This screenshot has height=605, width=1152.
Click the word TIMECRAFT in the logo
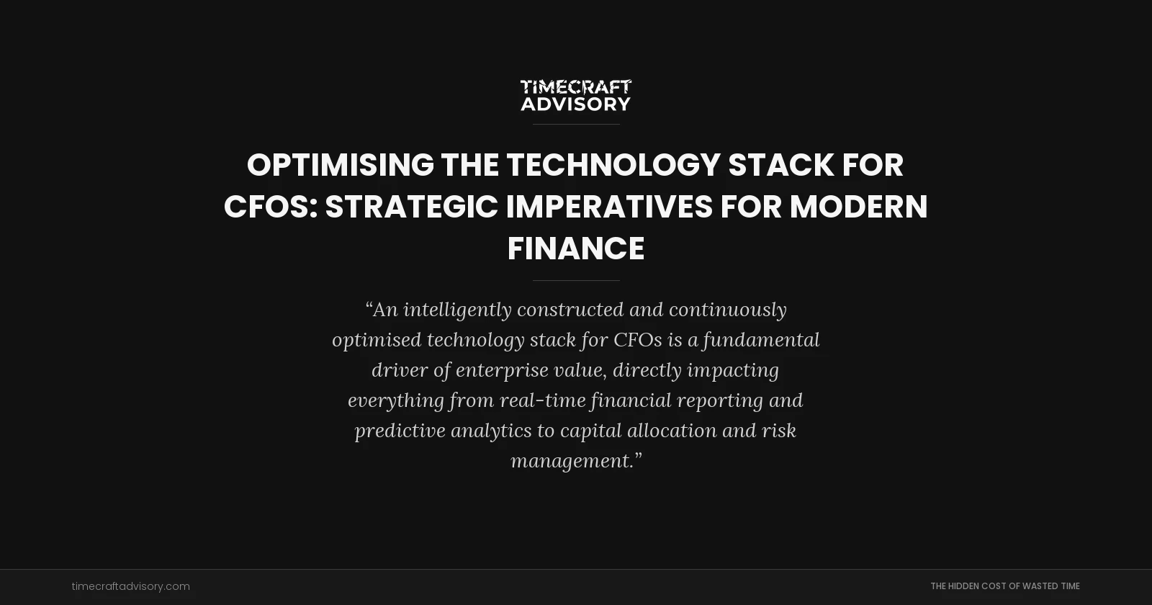(575, 87)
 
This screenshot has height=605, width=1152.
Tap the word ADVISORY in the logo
(575, 104)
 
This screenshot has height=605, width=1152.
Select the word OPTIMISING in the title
(340, 165)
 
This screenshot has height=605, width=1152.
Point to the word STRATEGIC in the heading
(411, 207)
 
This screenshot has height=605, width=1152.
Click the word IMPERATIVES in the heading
(609, 207)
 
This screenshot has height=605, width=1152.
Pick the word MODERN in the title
(858, 207)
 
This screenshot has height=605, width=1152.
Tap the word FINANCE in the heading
(575, 248)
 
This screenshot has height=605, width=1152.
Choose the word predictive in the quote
(400, 431)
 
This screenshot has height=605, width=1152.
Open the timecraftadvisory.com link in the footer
(130, 586)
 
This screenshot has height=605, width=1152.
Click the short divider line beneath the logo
(575, 124)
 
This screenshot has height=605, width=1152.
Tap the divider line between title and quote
(575, 280)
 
